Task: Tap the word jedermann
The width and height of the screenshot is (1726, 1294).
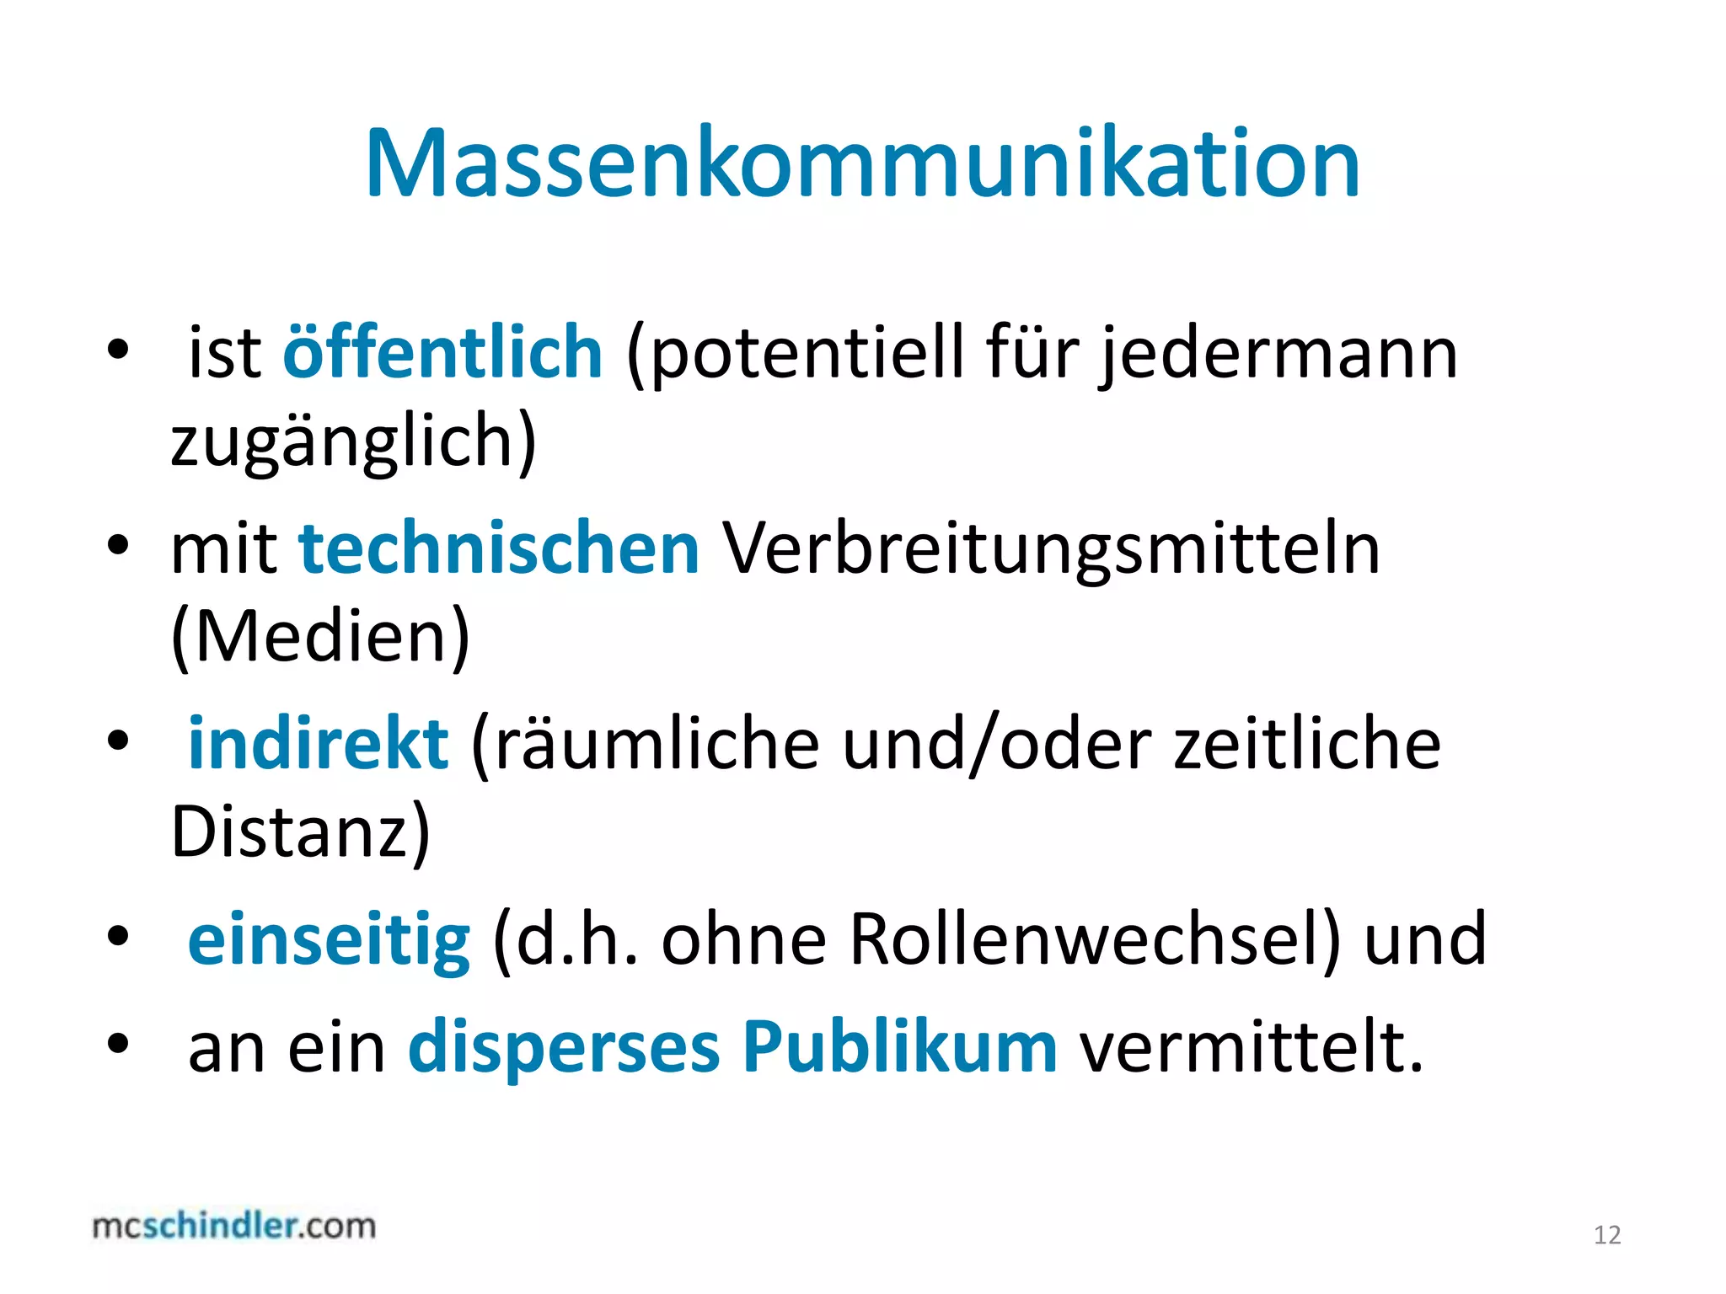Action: (x=1279, y=354)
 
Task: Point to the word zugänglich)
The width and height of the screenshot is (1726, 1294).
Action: (x=353, y=441)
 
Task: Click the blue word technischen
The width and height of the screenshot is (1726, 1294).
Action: (x=499, y=548)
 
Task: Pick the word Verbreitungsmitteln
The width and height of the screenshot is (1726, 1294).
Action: (x=1052, y=550)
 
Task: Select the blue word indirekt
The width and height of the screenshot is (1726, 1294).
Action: (x=318, y=743)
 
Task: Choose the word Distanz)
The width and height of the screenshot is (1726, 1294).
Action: (x=300, y=831)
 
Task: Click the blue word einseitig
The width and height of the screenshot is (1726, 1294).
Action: (x=329, y=939)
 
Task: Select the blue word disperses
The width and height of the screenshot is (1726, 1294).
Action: (x=564, y=1047)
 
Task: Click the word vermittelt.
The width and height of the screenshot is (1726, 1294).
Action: (x=1252, y=1047)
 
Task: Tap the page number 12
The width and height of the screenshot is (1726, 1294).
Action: (x=1607, y=1235)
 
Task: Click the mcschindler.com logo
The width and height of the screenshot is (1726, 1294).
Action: (x=234, y=1226)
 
